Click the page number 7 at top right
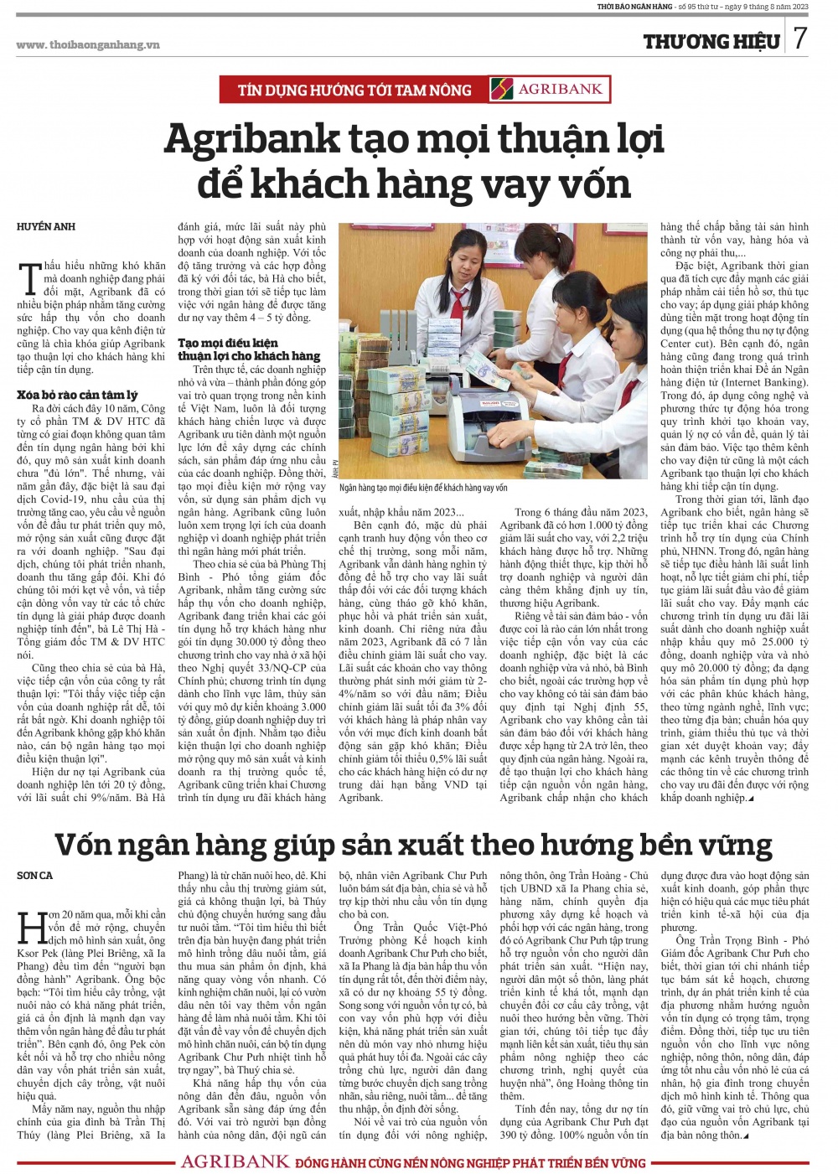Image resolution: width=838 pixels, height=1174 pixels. (800, 38)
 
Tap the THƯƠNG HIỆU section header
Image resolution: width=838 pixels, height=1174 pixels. (711, 40)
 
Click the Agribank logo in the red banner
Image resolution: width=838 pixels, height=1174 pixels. (548, 89)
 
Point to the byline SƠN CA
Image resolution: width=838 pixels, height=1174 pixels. (34, 876)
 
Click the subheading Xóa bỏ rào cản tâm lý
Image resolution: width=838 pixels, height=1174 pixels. (77, 395)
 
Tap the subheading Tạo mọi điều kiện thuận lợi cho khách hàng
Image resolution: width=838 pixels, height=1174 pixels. (249, 349)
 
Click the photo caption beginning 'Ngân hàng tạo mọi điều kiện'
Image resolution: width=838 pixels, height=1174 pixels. (423, 488)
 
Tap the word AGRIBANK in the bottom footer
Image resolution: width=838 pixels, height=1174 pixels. (235, 1162)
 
